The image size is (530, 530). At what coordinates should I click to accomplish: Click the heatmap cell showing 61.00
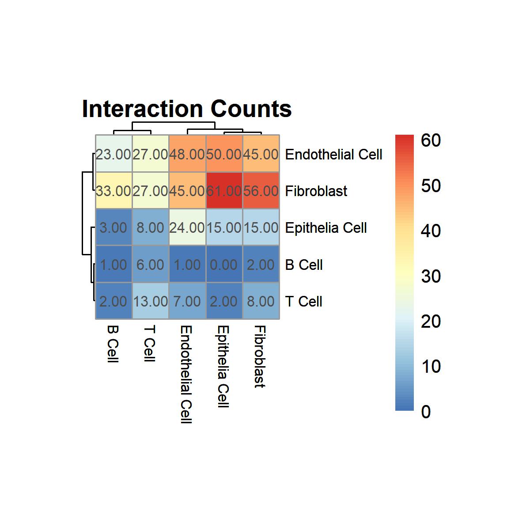224,190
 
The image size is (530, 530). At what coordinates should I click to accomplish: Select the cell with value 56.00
261,190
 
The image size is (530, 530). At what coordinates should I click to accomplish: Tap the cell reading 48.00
187,153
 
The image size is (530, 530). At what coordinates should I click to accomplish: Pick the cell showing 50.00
224,153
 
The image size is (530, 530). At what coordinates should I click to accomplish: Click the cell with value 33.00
114,190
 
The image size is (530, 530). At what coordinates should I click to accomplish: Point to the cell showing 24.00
187,227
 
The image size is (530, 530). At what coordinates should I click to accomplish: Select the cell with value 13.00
151,301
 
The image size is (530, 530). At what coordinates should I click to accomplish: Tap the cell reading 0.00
224,264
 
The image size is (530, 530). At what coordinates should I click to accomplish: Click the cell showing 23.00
114,153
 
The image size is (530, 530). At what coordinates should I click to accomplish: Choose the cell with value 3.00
114,227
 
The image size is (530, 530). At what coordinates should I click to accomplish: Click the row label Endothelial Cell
333,154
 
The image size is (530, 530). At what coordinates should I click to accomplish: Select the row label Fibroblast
316,191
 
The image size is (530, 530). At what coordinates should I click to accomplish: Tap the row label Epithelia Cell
326,228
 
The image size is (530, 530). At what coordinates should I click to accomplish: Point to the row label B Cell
303,265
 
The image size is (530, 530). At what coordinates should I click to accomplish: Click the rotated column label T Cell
150,343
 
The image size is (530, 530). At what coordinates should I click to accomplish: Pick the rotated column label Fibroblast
260,356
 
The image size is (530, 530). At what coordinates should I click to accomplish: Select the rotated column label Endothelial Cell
186,374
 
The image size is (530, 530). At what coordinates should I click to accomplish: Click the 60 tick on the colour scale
431,140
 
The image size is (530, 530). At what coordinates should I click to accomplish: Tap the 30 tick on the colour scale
431,276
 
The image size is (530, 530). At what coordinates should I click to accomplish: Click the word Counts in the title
251,109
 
